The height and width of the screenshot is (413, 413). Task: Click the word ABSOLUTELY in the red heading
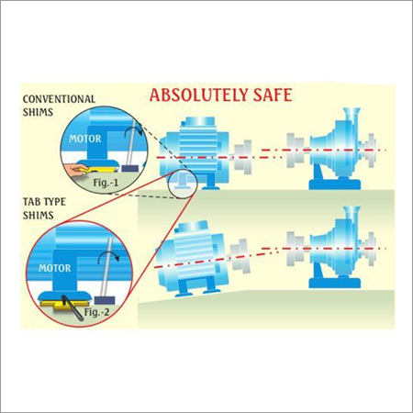coord(199,95)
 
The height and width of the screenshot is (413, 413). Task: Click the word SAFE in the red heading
coord(273,95)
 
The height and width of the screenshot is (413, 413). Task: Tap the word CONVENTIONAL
coord(59,99)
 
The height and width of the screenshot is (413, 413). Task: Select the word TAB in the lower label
coord(32,202)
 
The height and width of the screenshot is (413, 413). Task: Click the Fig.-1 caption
coord(106,183)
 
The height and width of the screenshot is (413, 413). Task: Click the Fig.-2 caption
coord(96,312)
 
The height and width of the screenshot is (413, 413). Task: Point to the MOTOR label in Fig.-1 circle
coord(85,139)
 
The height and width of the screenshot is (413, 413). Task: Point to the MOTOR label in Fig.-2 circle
coord(55,268)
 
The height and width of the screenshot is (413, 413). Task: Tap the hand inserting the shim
coord(75,169)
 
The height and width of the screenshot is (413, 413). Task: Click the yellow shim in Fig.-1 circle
coord(99,168)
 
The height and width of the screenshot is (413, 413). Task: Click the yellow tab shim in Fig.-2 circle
coord(65,305)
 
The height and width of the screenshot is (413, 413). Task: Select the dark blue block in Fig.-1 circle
coord(130,168)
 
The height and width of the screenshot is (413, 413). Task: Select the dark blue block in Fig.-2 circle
coord(105,300)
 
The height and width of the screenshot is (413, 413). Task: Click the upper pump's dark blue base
coord(335,183)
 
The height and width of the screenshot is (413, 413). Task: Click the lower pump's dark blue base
coord(335,282)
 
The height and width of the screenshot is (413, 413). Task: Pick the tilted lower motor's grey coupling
coord(240,255)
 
